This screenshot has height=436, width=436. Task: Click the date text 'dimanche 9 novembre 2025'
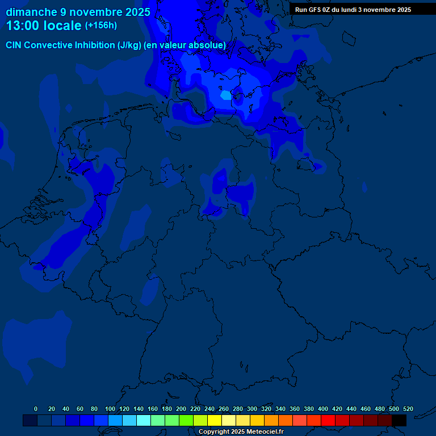click(x=78, y=12)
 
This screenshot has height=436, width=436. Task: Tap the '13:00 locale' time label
click(x=44, y=26)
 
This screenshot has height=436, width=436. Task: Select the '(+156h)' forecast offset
click(x=100, y=26)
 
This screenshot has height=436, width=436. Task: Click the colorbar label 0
click(x=36, y=409)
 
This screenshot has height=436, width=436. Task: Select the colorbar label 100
click(x=110, y=409)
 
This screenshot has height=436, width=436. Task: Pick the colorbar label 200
click(x=181, y=409)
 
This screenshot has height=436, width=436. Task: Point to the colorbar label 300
click(x=251, y=409)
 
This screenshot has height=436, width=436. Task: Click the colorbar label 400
click(x=322, y=409)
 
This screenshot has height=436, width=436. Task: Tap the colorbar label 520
click(x=408, y=409)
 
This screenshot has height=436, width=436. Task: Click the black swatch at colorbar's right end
click(x=399, y=420)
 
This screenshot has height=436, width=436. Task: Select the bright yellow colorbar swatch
click(x=215, y=420)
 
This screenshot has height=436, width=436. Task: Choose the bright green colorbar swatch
click(x=186, y=420)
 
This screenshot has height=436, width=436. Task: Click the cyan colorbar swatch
click(x=144, y=420)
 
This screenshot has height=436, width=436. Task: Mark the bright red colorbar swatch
click(x=328, y=420)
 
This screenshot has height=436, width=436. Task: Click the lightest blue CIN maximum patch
click(x=226, y=95)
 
